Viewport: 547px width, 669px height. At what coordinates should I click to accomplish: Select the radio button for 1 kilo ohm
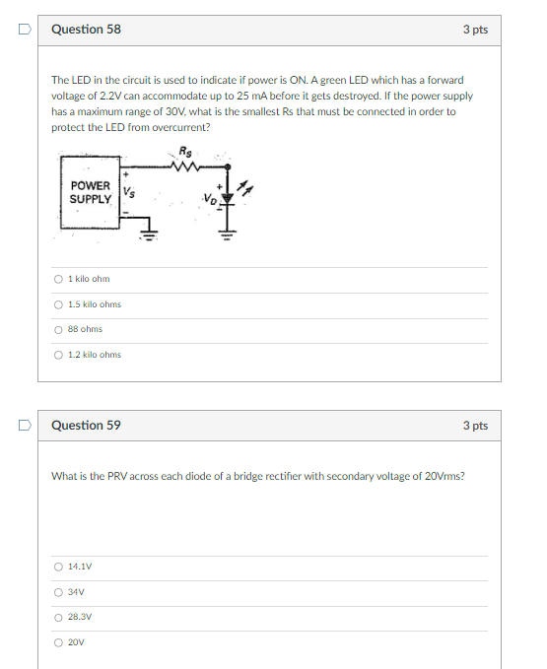coord(58,279)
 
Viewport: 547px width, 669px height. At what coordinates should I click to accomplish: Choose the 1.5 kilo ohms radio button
coord(58,304)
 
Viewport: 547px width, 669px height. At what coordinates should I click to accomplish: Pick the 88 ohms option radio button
coord(58,330)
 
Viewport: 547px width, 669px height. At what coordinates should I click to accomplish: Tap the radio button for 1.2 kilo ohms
coord(58,355)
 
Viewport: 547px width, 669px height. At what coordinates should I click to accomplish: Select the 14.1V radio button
coord(58,568)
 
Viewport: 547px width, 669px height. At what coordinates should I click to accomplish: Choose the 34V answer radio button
coord(58,592)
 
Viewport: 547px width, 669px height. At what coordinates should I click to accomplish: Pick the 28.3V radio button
coord(58,618)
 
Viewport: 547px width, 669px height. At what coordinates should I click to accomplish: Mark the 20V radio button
coord(58,642)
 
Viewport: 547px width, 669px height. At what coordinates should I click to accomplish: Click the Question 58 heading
coord(86,29)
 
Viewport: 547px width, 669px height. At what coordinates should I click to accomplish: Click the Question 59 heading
coord(86,425)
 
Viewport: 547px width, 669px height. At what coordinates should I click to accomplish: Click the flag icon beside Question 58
coord(25,29)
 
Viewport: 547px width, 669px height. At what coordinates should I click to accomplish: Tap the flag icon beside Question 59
coord(25,425)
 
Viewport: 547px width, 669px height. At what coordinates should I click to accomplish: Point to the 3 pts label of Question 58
coord(475,30)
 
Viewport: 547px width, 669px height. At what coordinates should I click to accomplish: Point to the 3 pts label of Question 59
coord(475,426)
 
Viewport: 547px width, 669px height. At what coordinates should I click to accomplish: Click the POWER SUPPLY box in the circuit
coord(90,192)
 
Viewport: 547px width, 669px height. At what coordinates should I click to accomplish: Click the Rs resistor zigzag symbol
coord(184,166)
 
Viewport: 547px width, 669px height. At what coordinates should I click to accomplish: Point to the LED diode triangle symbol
coord(228,198)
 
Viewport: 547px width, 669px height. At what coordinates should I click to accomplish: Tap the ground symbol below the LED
coord(227,234)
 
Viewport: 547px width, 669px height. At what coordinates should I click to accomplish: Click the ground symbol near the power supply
coord(149,234)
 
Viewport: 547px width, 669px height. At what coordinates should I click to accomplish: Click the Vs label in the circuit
coord(129,192)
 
